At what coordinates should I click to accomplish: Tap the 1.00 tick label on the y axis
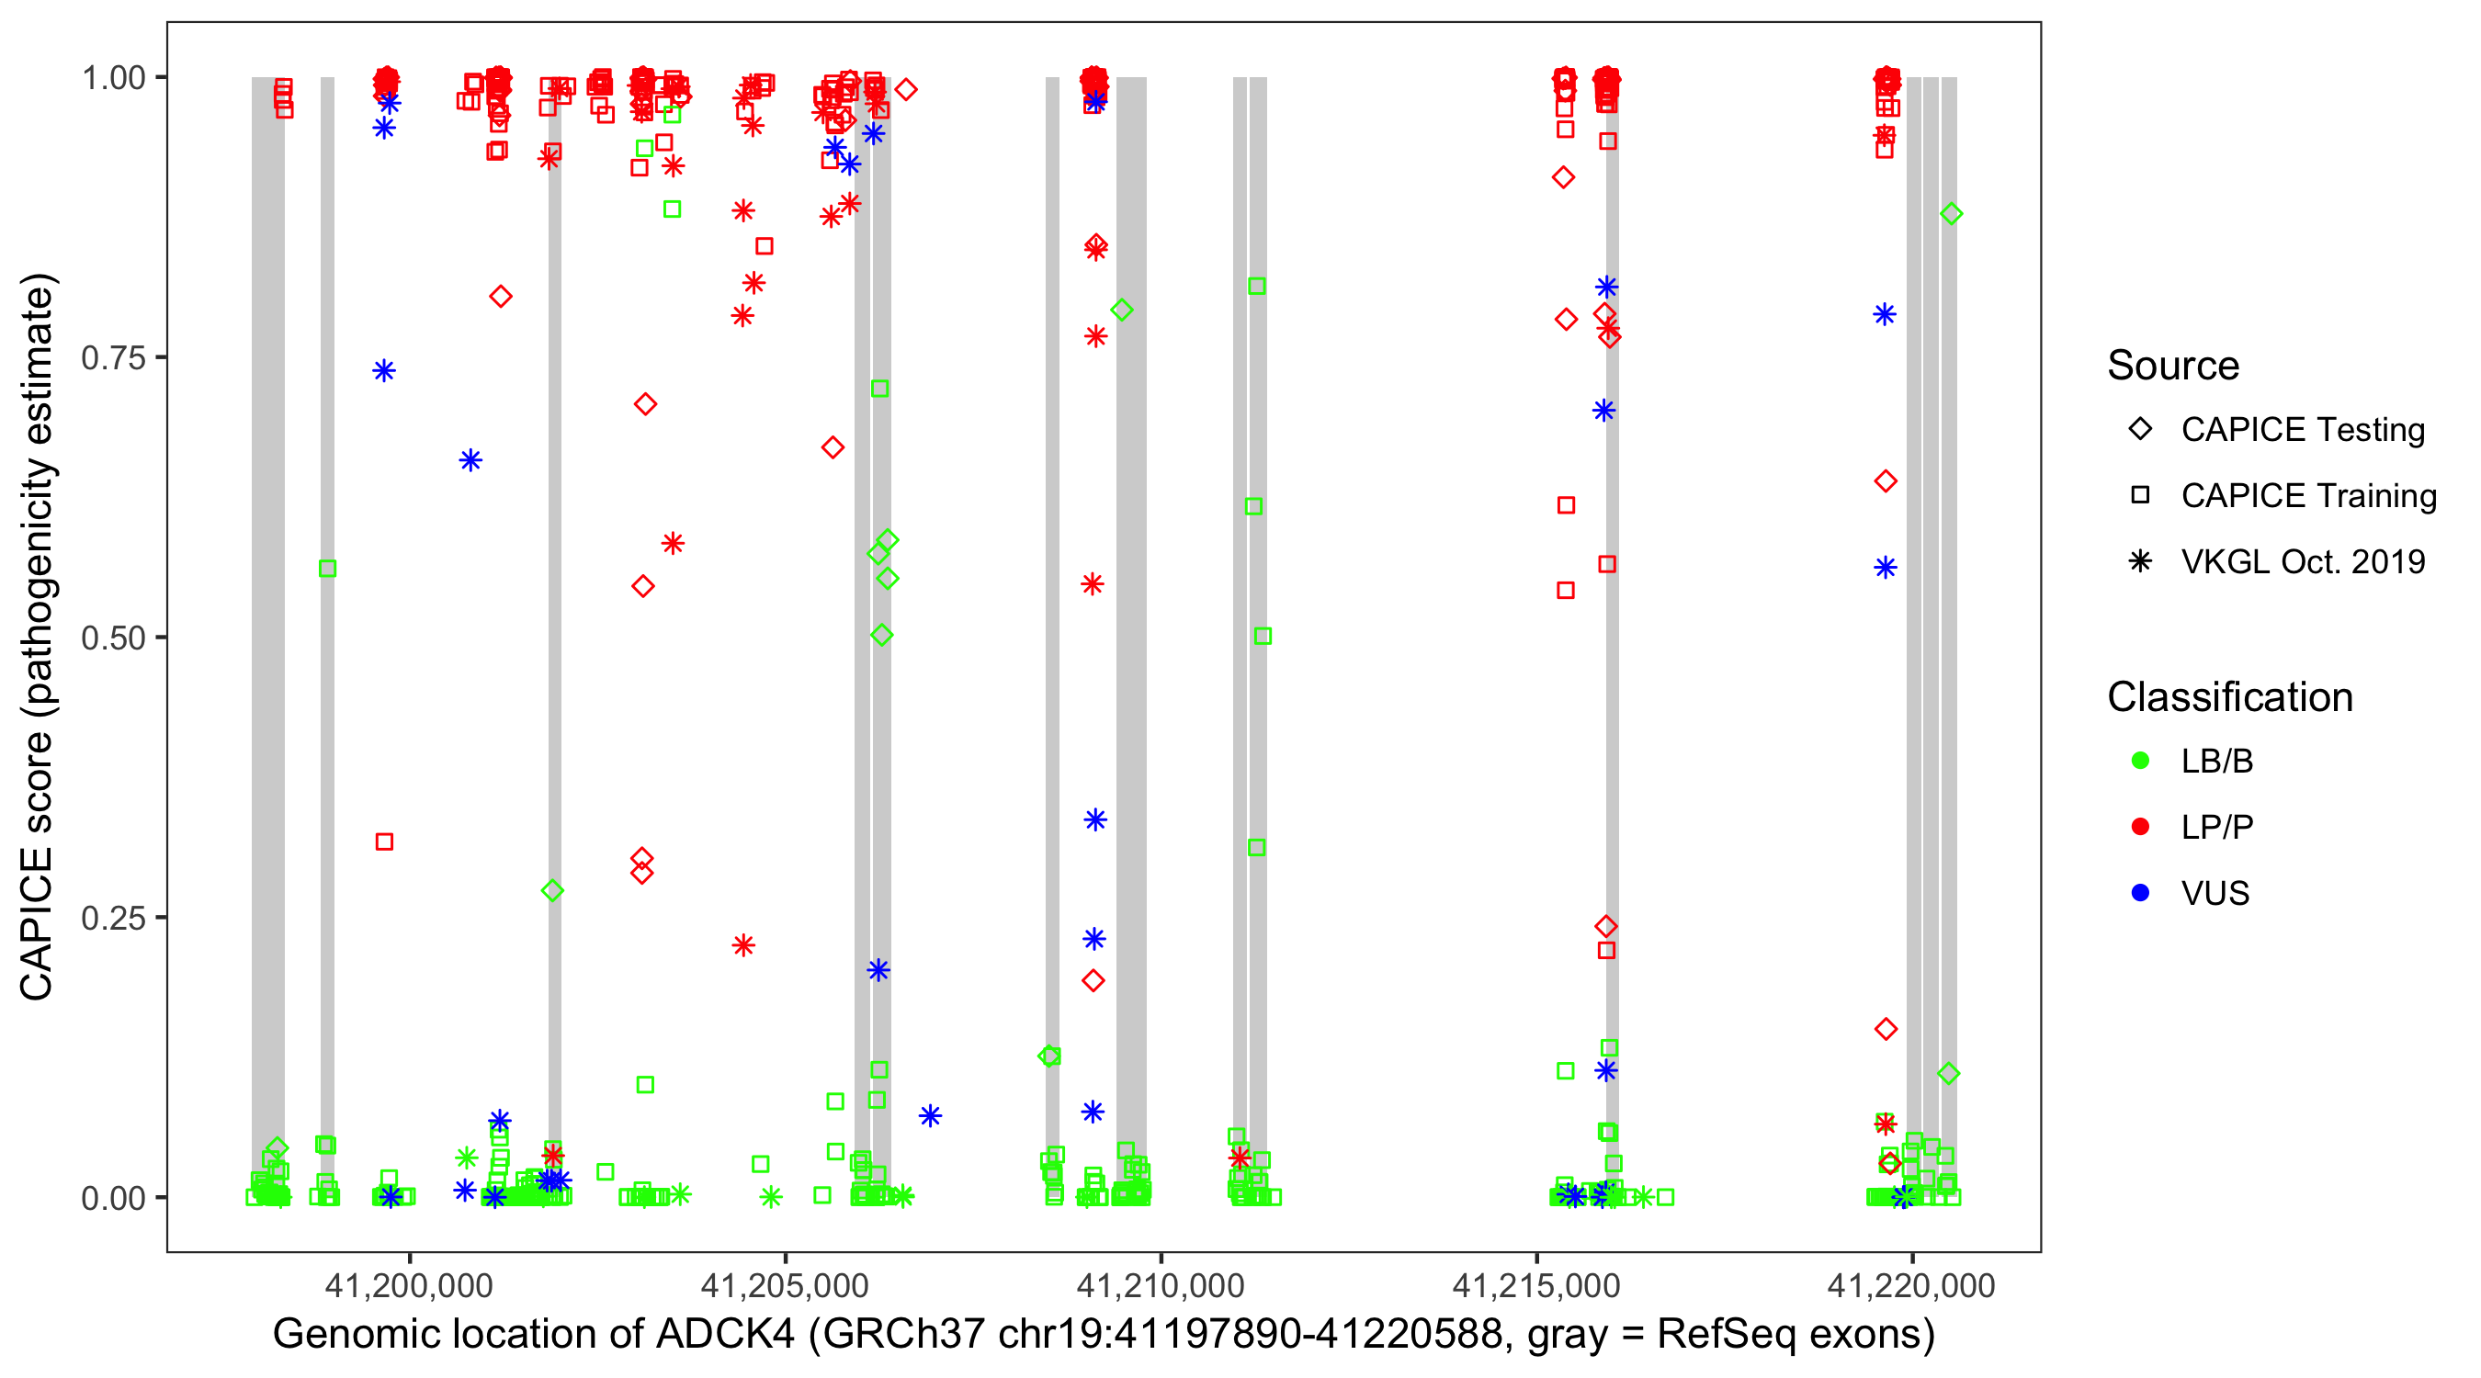click(113, 78)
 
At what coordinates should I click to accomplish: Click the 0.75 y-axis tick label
click(113, 358)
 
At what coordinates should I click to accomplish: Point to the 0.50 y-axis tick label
click(113, 638)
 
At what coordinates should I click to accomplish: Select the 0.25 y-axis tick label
click(113, 918)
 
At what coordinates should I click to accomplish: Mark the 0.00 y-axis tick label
click(113, 1198)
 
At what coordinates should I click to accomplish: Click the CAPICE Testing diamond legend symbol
click(2140, 430)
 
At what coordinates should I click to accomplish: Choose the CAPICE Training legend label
click(2308, 496)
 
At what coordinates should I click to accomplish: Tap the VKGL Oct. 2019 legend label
click(2303, 561)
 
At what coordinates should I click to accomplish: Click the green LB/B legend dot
click(2140, 761)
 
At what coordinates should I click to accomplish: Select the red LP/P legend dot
click(2140, 827)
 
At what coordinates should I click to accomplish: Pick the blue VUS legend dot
click(2140, 893)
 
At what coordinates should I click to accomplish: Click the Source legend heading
click(2173, 366)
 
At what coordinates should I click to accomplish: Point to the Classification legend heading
click(2229, 697)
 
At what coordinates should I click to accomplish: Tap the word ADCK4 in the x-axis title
click(724, 1335)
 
